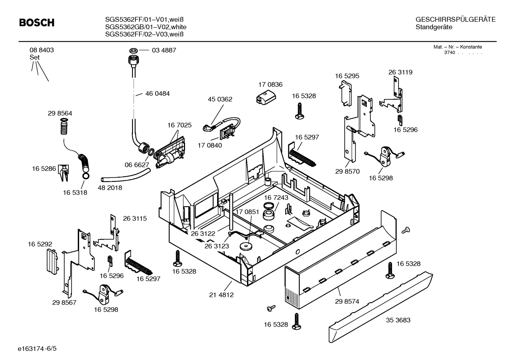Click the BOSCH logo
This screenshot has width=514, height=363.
pos(37,23)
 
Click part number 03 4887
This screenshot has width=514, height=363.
pos(164,51)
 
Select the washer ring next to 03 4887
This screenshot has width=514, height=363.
pos(134,50)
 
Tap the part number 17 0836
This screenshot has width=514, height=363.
pos(270,84)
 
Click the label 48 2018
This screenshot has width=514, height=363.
pos(110,188)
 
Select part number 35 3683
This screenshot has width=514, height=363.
pos(398,320)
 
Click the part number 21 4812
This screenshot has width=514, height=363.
pos(221,295)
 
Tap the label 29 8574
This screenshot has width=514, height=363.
pos(347,301)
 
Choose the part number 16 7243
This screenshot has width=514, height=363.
pos(276,197)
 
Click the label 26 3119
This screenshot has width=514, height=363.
pos(400,72)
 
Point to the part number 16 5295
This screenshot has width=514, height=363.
pos(347,76)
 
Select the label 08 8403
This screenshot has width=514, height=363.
pos(42,50)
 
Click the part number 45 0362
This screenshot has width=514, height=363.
pos(220,99)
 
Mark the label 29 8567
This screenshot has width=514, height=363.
pos(64,303)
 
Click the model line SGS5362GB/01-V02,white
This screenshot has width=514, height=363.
pos(146,27)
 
